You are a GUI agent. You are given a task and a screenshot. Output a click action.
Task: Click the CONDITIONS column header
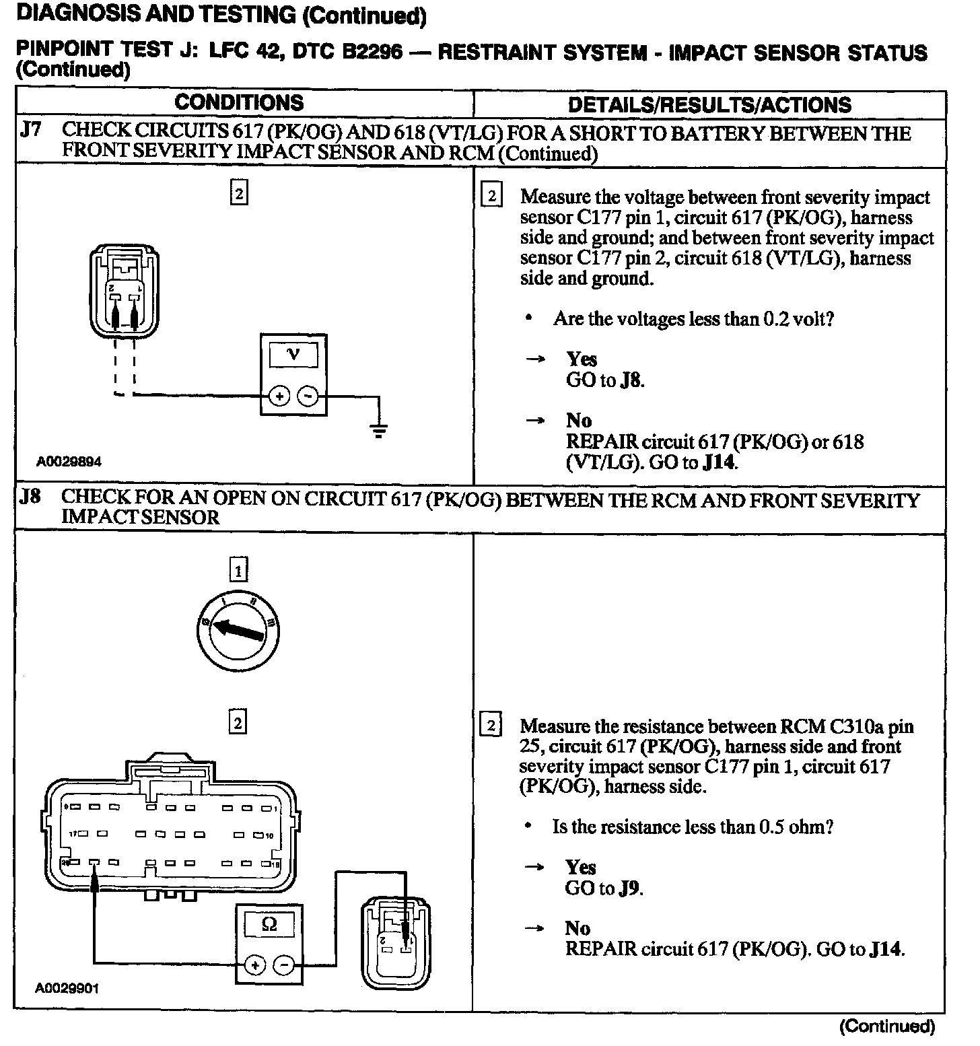click(x=239, y=103)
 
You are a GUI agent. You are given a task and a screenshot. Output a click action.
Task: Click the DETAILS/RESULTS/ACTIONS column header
click(x=709, y=105)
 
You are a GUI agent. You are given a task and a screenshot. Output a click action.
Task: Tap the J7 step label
click(x=30, y=130)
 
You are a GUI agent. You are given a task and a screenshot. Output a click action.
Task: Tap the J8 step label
click(x=30, y=497)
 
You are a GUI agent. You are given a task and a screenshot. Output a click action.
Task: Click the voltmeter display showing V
click(x=293, y=354)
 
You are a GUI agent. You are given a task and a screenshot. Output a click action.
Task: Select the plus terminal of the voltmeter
click(x=278, y=396)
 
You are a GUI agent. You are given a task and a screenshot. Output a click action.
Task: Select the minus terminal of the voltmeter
click(x=308, y=396)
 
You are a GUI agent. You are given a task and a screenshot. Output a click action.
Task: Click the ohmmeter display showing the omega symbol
click(x=269, y=924)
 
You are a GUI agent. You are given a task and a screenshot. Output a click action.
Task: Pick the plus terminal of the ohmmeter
click(x=254, y=965)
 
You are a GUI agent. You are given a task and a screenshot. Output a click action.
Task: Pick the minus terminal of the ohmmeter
click(x=284, y=965)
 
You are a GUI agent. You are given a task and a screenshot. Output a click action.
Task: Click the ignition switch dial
click(x=238, y=629)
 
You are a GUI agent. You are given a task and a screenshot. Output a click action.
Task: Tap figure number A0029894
click(x=69, y=462)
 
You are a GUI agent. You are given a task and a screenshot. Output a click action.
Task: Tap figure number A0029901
click(x=67, y=988)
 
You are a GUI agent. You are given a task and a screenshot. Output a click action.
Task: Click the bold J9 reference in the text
click(x=629, y=888)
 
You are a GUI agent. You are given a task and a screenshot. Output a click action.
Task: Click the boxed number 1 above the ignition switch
click(x=238, y=571)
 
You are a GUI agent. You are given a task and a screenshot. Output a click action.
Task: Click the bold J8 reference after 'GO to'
click(x=631, y=380)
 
